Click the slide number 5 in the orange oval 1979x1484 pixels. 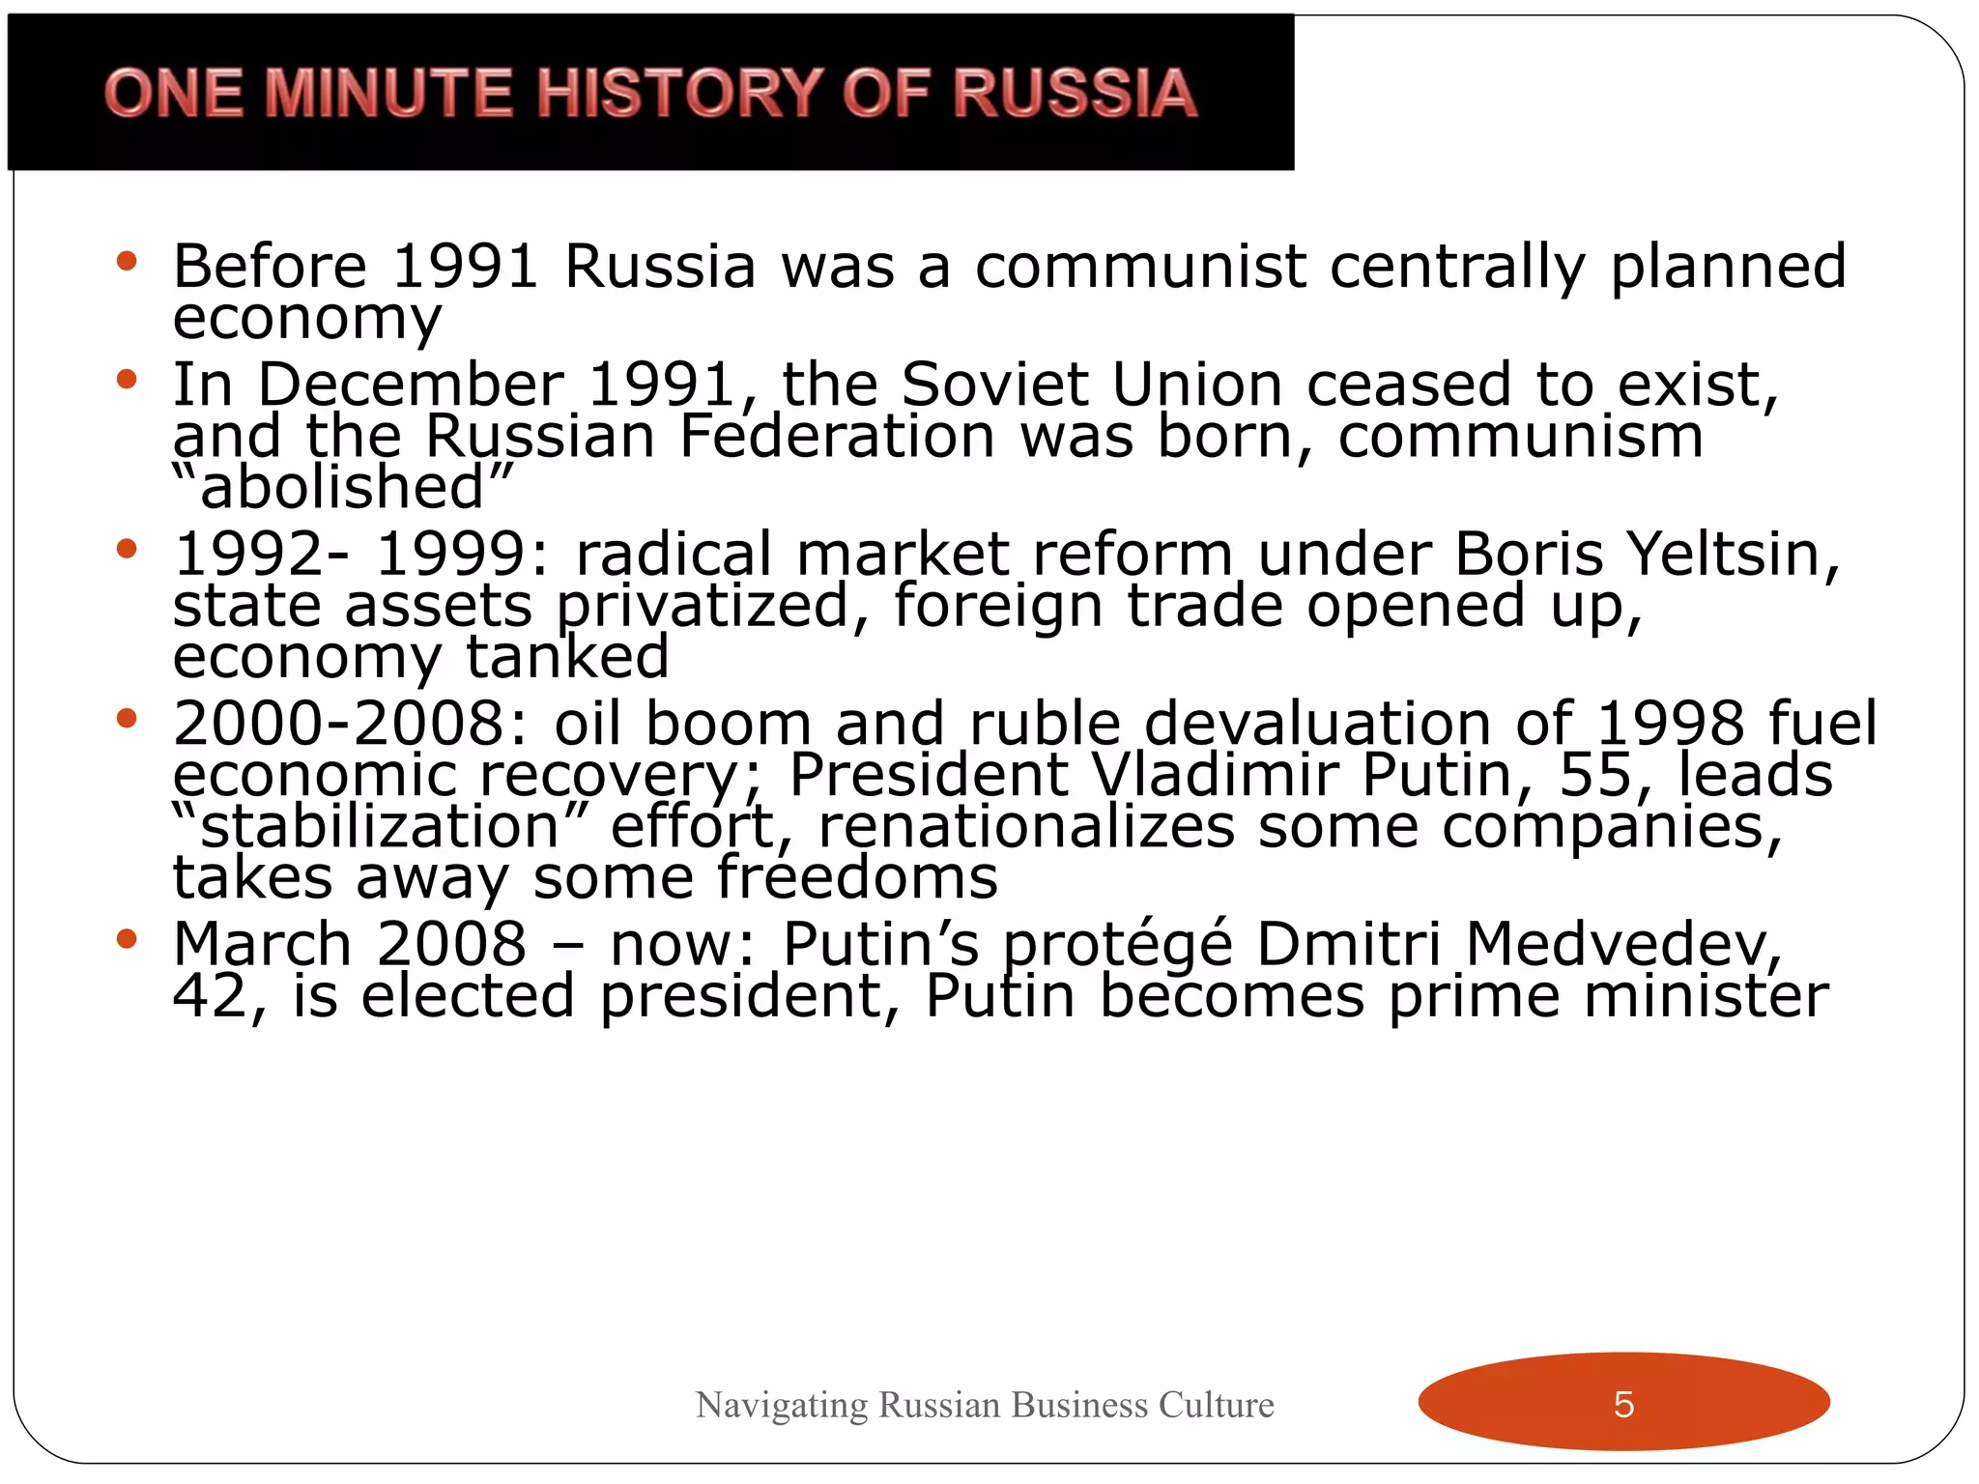point(1623,1404)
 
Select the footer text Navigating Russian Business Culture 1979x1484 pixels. point(985,1404)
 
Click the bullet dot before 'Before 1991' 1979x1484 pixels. point(127,262)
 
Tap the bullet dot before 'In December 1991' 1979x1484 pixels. point(127,380)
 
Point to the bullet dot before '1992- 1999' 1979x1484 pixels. point(127,550)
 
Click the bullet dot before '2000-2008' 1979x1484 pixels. point(127,719)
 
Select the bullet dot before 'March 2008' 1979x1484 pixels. point(127,939)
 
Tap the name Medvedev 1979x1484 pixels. point(1622,944)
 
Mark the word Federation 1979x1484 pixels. point(837,436)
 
